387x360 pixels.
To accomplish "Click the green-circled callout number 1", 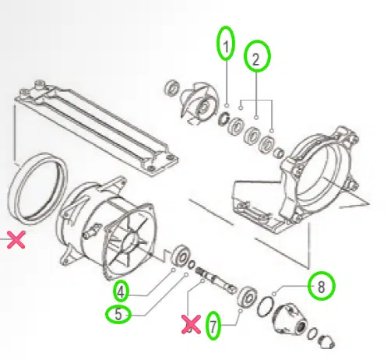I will point(226,45).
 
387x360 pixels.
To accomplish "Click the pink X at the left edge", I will point(15,240).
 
